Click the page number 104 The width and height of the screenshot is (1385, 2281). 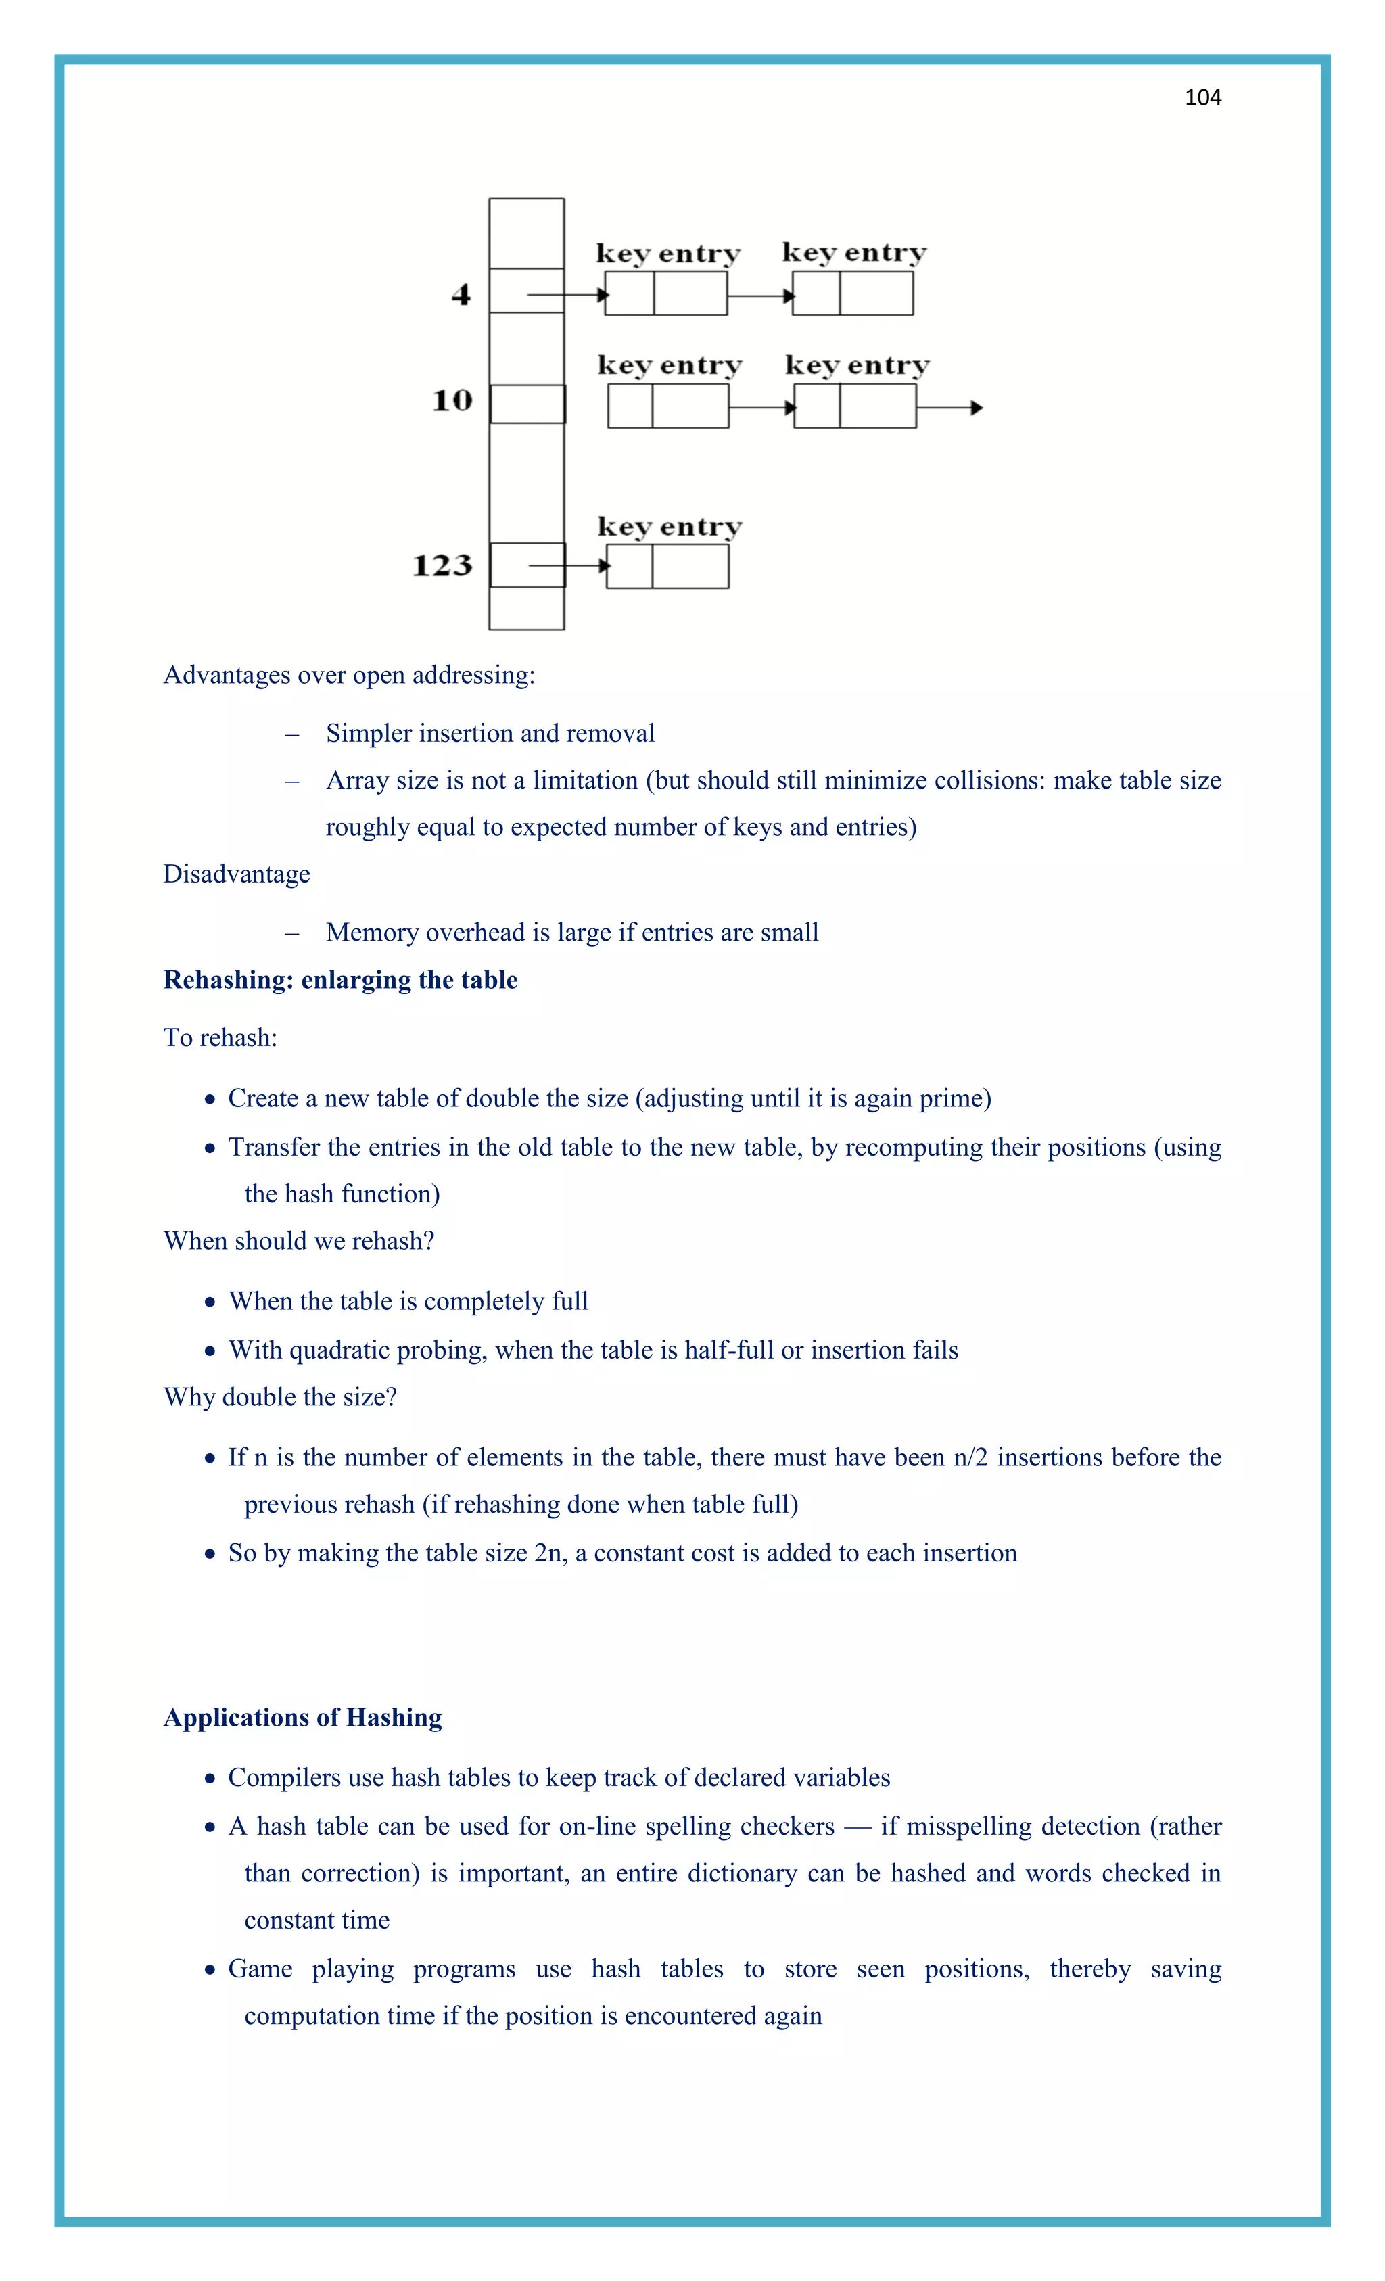[x=1202, y=98]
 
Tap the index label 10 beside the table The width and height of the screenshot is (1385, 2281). [x=452, y=401]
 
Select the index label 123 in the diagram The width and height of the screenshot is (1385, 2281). [x=442, y=565]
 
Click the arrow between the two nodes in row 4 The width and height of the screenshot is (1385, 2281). [x=759, y=296]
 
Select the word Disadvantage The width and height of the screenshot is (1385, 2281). [x=236, y=874]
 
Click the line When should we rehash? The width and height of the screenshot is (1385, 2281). [x=298, y=1240]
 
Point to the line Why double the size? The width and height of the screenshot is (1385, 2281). [x=279, y=1397]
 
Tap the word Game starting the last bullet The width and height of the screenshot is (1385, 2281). [x=260, y=1969]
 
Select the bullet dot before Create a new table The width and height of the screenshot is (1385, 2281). [x=210, y=1100]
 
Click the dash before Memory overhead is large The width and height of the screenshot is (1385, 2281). [x=293, y=933]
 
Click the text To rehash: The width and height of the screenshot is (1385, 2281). [x=220, y=1038]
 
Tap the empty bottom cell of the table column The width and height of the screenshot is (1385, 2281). [x=526, y=609]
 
